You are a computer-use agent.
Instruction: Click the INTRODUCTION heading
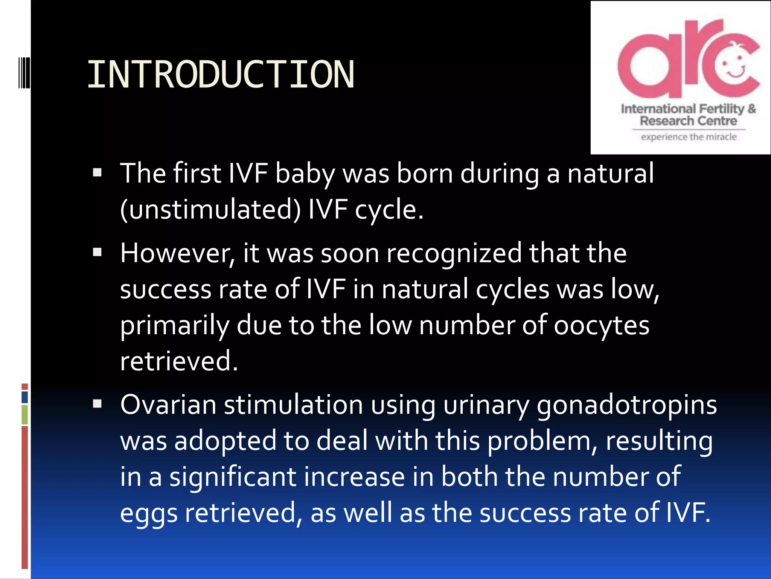[221, 75]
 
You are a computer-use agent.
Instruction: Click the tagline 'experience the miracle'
[689, 137]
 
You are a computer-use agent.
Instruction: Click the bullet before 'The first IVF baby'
[98, 173]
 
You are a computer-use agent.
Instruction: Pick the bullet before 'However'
[98, 252]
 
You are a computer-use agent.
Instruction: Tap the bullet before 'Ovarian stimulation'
[98, 404]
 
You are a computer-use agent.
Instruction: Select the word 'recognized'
[454, 253]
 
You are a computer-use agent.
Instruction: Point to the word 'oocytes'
[601, 325]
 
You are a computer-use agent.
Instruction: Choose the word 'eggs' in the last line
[148, 513]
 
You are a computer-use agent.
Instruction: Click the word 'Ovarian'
[168, 404]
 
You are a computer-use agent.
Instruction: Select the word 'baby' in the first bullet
[305, 174]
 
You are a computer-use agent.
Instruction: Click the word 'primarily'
[174, 325]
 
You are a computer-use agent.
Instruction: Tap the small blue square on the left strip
[25, 397]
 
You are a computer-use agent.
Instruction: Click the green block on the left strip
[25, 415]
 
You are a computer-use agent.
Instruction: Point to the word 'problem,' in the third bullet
[542, 441]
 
